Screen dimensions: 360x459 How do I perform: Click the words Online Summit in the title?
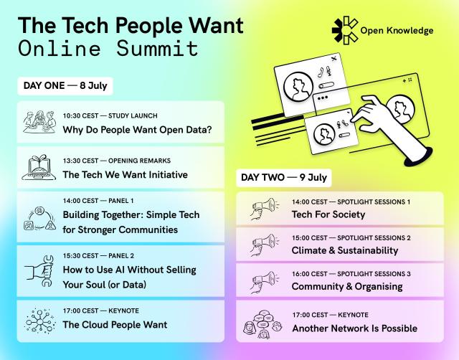[108, 49]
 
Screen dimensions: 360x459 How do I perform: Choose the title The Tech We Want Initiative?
[125, 174]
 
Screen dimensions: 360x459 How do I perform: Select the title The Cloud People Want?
[115, 324]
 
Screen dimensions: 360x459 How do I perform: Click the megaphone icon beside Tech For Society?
[263, 209]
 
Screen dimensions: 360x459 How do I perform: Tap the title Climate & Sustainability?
[344, 250]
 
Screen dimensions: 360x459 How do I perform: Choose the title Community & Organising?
[346, 286]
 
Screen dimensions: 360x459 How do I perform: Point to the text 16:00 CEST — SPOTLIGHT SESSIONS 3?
[351, 273]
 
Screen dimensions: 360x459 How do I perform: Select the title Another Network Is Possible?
[354, 328]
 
